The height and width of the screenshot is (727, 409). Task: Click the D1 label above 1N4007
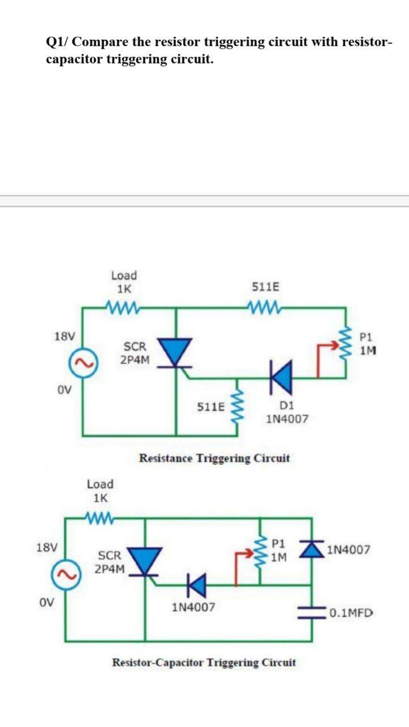287,405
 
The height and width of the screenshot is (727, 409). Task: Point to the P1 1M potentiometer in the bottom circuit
261,550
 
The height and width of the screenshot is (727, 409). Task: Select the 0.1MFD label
350,613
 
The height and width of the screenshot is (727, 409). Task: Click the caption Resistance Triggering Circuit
214,458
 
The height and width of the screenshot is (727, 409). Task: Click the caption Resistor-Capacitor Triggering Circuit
204,662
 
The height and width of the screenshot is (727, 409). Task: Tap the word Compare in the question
100,42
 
